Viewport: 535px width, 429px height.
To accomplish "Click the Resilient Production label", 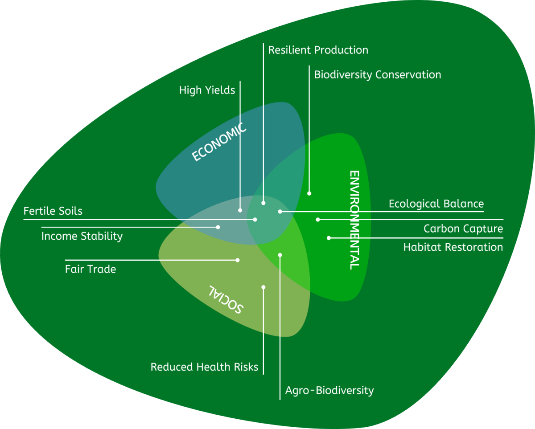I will (318, 50).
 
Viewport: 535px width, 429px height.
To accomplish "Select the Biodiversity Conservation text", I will (377, 74).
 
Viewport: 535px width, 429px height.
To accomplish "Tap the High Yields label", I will (207, 90).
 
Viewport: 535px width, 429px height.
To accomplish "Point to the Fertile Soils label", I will (53, 211).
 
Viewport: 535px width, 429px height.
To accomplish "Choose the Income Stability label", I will (82, 236).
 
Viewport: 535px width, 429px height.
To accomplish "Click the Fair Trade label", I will (91, 269).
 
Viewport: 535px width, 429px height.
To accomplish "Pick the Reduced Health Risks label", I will (204, 367).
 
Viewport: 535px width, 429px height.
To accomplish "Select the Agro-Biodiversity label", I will (329, 391).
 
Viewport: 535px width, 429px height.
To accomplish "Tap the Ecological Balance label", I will (436, 204).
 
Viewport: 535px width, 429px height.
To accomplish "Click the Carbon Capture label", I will (463, 229).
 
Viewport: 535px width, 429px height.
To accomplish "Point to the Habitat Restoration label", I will (453, 247).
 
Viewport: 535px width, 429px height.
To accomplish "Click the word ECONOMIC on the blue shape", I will (219, 142).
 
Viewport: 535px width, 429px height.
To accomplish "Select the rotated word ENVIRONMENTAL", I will (354, 220).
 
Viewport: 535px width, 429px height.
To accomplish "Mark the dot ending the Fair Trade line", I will (238, 260).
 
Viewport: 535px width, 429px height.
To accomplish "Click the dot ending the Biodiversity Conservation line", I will (309, 193).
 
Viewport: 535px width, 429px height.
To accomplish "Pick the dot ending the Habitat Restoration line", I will (329, 238).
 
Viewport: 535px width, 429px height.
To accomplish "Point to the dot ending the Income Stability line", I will (218, 227).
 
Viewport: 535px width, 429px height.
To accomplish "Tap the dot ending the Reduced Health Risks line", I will (263, 287).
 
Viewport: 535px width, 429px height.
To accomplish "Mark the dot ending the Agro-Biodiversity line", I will (280, 255).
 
